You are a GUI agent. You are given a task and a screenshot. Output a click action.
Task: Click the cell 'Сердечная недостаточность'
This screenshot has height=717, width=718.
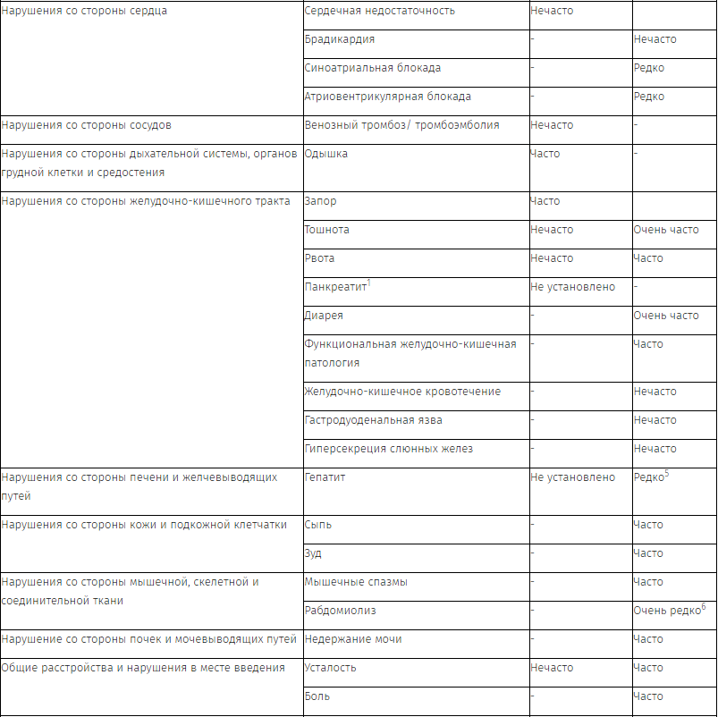coord(379,11)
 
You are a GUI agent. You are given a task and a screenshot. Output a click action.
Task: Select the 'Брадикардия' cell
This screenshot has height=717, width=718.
coord(340,39)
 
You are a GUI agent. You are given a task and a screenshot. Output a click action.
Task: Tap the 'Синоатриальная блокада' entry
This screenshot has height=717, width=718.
coord(372,68)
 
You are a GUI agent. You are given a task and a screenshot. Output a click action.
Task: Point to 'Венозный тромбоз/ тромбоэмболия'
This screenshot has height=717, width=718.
coord(401,125)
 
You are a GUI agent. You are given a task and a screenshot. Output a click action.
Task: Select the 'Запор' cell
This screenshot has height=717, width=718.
coord(320,201)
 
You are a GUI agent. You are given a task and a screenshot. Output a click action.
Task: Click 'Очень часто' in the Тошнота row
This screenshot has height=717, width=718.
coord(666,230)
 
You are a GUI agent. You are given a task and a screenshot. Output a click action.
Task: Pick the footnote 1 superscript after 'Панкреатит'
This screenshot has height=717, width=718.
coord(369,283)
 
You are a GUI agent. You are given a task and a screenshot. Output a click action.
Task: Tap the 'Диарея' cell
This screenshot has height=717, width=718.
coord(324,316)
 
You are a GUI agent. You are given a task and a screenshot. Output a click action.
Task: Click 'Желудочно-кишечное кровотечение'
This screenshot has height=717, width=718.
coord(402,392)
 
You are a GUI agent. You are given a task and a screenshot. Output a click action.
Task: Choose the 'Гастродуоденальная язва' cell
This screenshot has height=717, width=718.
coord(373,420)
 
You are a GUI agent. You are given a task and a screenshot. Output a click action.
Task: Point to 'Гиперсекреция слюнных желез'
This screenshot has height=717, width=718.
coord(389,449)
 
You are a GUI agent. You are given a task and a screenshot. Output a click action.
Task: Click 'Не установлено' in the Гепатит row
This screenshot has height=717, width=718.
coord(572,477)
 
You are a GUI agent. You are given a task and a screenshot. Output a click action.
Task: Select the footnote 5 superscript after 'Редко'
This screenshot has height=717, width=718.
coord(667,474)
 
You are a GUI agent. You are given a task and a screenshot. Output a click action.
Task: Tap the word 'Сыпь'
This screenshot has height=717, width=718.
coord(318,525)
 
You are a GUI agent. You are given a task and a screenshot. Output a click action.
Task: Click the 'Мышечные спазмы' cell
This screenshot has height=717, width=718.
coord(356,582)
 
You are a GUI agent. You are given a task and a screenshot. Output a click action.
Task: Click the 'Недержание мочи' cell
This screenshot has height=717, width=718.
coord(353,639)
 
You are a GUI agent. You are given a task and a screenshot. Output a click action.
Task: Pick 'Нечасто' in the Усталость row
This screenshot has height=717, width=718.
coord(552,668)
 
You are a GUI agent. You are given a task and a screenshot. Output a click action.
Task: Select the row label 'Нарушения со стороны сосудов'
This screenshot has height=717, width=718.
coord(87,125)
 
